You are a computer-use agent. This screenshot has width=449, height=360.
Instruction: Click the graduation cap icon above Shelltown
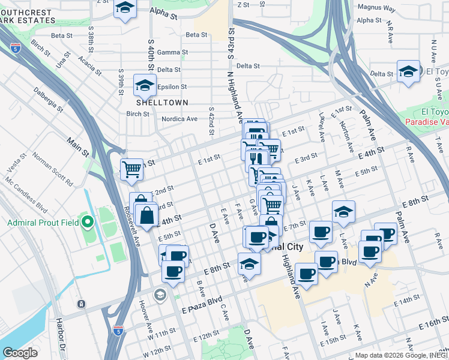[145, 85]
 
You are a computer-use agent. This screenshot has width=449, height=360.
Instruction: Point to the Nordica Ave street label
[179, 119]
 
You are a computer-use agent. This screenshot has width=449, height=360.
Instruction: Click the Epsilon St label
[173, 87]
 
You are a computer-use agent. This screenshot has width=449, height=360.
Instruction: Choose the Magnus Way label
[376, 8]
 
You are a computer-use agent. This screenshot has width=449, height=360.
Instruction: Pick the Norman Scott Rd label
[53, 170]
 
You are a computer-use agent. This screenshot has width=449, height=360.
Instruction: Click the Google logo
[20, 352]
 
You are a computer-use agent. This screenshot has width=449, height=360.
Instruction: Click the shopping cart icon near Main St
[131, 169]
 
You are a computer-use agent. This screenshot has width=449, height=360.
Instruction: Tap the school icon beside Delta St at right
[408, 72]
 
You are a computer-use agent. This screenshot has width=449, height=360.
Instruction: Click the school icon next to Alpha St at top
[125, 8]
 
